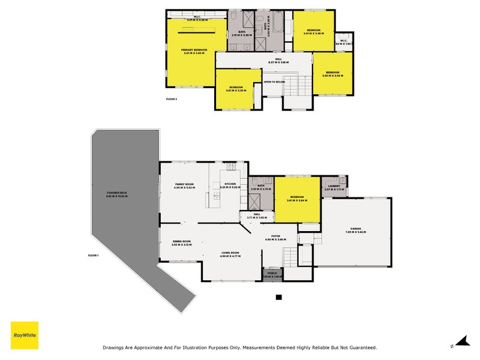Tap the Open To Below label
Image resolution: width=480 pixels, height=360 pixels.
click(274, 82)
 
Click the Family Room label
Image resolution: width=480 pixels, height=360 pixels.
click(185, 184)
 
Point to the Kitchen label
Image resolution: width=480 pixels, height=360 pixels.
click(230, 184)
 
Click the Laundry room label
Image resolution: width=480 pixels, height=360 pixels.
click(334, 186)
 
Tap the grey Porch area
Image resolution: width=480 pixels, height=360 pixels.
click(272, 275)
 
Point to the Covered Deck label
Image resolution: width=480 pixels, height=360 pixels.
click(116, 193)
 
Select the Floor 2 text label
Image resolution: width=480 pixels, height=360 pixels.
click(171, 99)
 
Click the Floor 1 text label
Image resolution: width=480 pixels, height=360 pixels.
click(93, 256)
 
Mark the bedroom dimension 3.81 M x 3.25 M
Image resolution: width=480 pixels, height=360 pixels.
click(236, 91)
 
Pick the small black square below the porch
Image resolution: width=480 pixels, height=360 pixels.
click(278, 297)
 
